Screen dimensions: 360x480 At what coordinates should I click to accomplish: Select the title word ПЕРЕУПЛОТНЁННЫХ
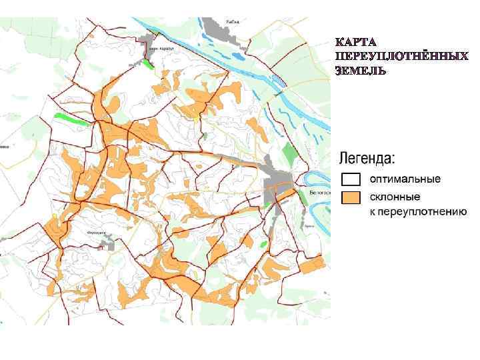pyautogui.click(x=402, y=57)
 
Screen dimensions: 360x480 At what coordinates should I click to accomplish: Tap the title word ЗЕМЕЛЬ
pyautogui.click(x=361, y=70)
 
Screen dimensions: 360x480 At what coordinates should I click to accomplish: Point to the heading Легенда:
pyautogui.click(x=367, y=159)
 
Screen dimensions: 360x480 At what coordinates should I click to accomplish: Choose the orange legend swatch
pyautogui.click(x=351, y=198)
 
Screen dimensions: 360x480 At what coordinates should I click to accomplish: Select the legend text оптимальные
pyautogui.click(x=405, y=180)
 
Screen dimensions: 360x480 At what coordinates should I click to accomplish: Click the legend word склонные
pyautogui.click(x=395, y=197)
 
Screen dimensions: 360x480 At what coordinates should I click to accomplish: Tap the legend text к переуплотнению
pyautogui.click(x=418, y=212)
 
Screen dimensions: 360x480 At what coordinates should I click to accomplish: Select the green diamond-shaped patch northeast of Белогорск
pyautogui.click(x=289, y=151)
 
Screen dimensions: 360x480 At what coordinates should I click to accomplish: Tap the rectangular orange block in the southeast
pyautogui.click(x=311, y=266)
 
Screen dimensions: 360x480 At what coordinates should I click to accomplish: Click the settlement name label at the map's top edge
pyautogui.click(x=232, y=22)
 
